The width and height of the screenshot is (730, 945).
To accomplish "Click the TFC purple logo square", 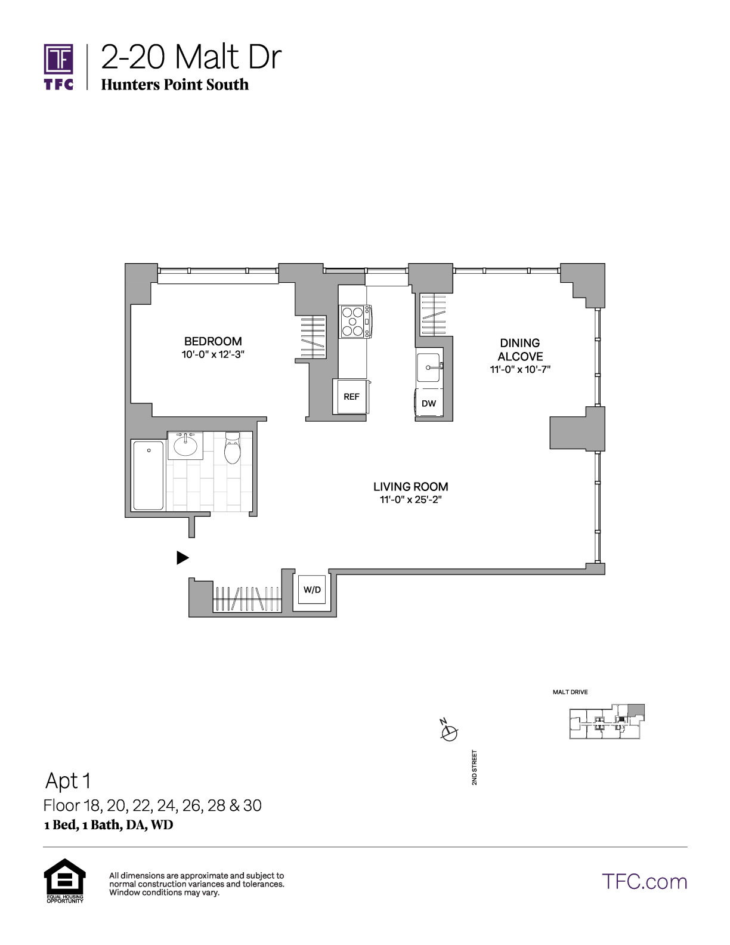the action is (x=58, y=59).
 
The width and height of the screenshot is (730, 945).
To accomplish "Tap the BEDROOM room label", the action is (x=212, y=341).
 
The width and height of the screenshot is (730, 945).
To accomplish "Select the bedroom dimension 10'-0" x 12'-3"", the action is (x=212, y=354).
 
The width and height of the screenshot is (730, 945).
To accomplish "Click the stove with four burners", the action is (x=354, y=322).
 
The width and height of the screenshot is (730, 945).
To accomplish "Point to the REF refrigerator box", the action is (x=351, y=396).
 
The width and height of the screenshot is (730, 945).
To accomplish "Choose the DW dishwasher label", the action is (x=428, y=403).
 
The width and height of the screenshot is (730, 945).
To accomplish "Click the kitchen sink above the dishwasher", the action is (x=429, y=367).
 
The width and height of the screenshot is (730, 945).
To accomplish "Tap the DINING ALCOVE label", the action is (x=520, y=350).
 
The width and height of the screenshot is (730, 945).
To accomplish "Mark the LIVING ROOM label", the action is (x=410, y=487).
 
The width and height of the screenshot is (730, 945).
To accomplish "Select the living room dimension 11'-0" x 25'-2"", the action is (x=410, y=500).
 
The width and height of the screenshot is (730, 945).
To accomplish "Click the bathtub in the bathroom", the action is (x=149, y=475).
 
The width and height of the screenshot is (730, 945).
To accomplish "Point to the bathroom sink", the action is (x=185, y=445).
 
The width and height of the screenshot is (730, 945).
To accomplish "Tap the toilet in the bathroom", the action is (x=233, y=448).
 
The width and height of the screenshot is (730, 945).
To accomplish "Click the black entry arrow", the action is (x=182, y=558).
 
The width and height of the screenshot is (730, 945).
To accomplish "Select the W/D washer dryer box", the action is (x=312, y=589).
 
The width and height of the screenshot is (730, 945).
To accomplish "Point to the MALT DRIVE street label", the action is (x=570, y=692).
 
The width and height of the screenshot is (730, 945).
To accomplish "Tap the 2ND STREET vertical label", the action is (x=474, y=768).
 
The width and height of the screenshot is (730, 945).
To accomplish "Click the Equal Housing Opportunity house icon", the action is (x=65, y=879).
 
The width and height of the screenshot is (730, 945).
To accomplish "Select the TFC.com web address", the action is (x=644, y=882).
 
